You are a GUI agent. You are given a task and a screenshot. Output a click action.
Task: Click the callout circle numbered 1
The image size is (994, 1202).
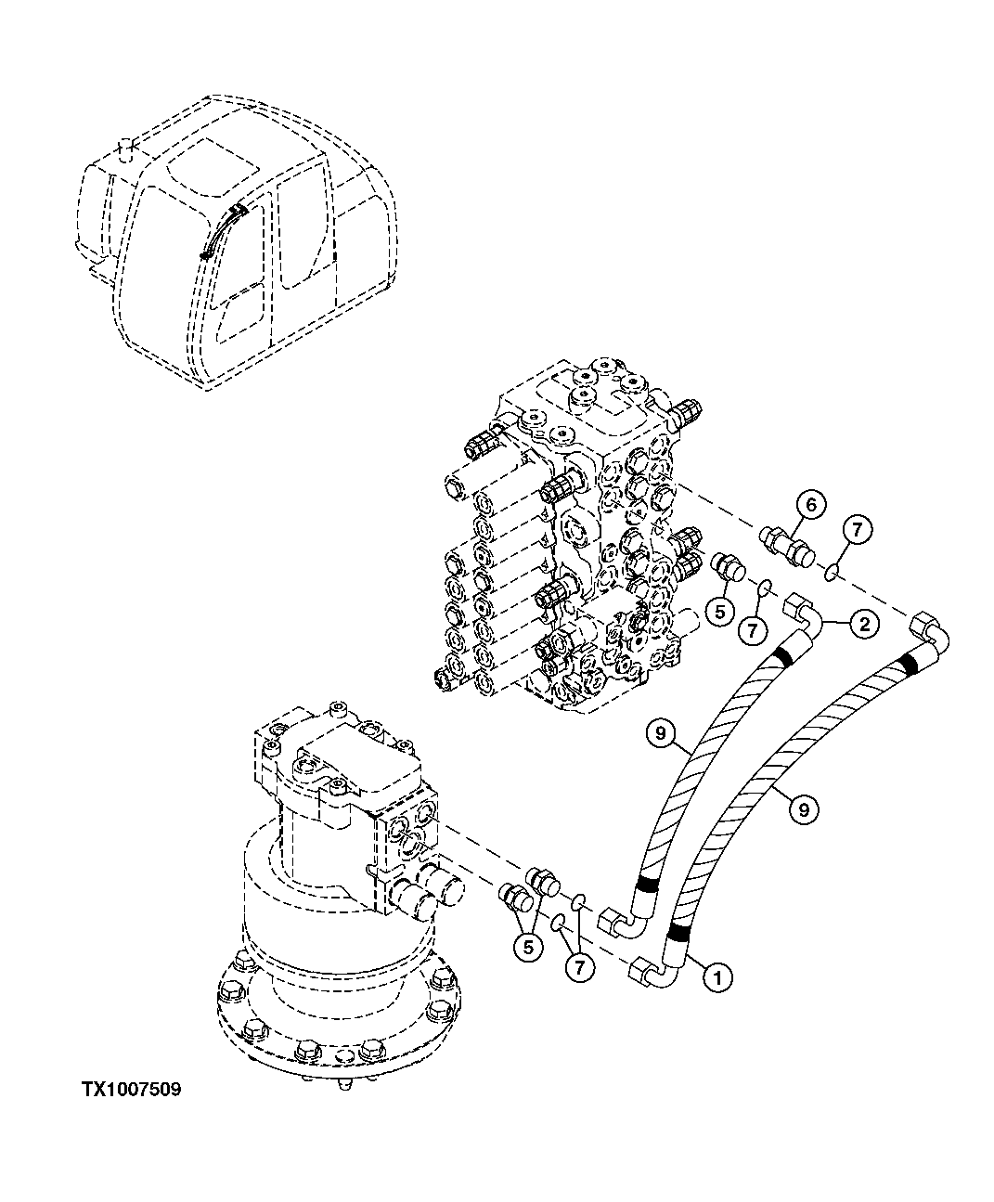(716, 976)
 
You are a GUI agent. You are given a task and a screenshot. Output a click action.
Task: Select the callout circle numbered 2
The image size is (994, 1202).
(863, 625)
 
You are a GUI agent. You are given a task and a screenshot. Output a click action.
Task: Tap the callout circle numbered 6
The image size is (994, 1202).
(810, 505)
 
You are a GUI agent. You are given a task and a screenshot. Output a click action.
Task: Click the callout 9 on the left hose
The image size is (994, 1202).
(660, 733)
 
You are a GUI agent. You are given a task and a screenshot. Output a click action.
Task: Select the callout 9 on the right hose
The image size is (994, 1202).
(804, 809)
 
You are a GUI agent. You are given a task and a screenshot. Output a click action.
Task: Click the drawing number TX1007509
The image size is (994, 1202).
(130, 1090)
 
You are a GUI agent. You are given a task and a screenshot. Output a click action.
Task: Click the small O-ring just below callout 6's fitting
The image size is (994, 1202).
(766, 587)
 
